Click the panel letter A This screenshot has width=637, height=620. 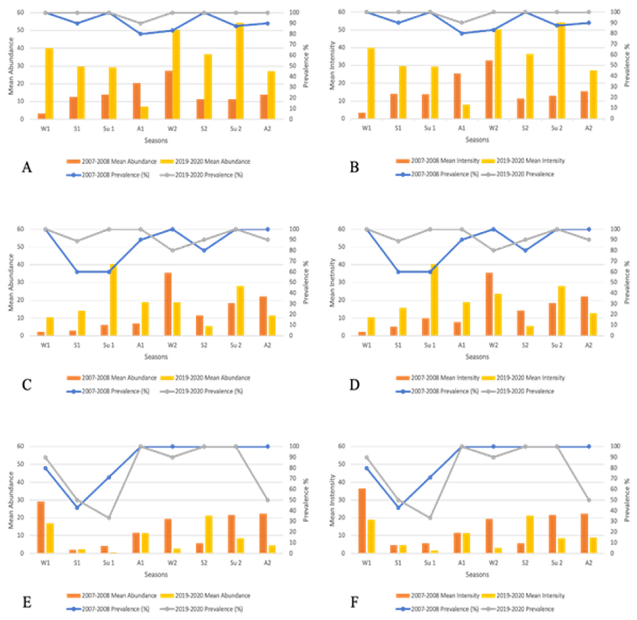pyautogui.click(x=27, y=168)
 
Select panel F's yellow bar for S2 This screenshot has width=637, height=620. pyautogui.click(x=530, y=534)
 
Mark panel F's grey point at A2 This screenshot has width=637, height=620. pyautogui.click(x=588, y=500)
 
